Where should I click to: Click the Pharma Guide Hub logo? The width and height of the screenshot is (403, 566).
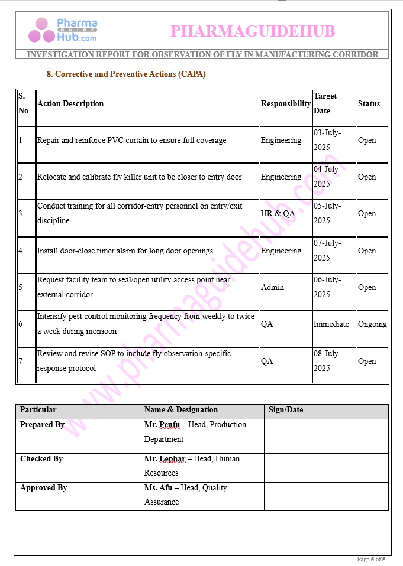click(63, 30)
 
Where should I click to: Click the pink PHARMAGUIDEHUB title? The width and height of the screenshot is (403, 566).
click(253, 31)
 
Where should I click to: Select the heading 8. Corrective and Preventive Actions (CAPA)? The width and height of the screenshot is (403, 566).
click(126, 74)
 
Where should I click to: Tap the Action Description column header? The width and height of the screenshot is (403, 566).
click(70, 103)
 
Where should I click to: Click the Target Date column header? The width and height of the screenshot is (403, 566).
click(325, 103)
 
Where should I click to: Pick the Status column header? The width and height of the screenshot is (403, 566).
click(369, 103)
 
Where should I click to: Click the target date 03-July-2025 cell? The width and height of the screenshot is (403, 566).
click(327, 140)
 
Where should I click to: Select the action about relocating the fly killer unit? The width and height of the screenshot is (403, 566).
click(139, 177)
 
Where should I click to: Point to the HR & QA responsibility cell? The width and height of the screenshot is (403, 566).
click(278, 213)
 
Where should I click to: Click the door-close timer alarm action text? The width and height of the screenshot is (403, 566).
click(125, 251)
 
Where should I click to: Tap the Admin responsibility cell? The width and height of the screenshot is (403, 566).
click(272, 287)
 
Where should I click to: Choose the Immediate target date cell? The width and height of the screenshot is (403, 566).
click(331, 324)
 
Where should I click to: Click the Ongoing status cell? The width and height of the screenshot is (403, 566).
click(372, 324)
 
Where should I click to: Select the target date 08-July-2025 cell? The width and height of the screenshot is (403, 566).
click(327, 361)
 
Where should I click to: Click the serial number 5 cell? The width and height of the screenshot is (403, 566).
click(21, 287)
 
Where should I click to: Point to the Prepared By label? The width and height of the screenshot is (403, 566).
click(42, 425)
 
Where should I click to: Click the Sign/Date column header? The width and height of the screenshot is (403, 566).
click(286, 410)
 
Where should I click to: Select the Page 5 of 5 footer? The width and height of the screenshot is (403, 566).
click(371, 559)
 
